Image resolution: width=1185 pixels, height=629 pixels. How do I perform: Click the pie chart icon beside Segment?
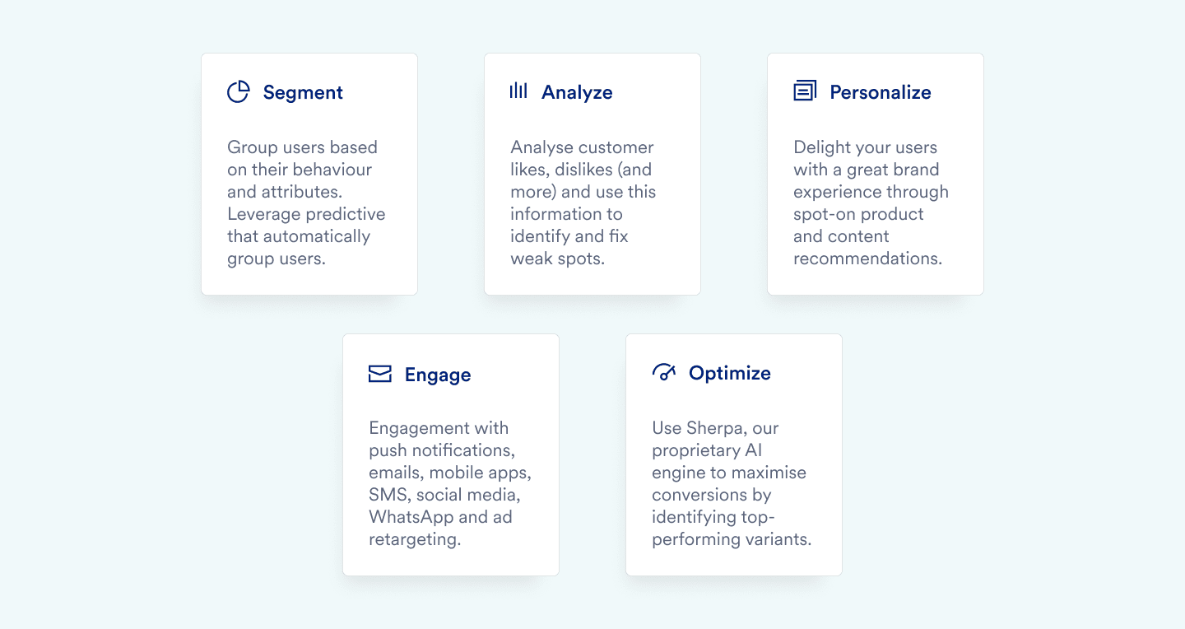click(x=238, y=91)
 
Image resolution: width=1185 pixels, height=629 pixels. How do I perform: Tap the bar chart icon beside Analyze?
click(x=518, y=91)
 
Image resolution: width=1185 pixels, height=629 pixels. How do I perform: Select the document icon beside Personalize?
click(x=805, y=91)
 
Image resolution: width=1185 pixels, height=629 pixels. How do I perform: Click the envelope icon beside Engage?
click(x=380, y=374)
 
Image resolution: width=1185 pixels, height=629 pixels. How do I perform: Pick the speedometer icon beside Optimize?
click(x=664, y=371)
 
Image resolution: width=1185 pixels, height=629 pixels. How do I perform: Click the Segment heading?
click(x=303, y=93)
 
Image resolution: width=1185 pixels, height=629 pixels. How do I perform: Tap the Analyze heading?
click(x=577, y=93)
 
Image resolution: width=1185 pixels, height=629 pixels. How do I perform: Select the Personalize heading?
click(x=881, y=92)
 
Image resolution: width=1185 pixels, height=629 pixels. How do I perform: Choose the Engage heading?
click(x=438, y=375)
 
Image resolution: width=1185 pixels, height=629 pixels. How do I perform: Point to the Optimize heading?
click(x=729, y=373)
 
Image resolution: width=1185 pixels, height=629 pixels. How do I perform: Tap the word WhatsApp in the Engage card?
click(x=411, y=517)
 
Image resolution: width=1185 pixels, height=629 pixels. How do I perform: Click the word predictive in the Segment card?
click(x=346, y=214)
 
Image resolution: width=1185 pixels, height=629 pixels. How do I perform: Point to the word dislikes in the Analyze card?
click(x=583, y=170)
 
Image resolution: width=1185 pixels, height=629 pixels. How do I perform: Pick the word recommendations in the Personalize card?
click(x=867, y=259)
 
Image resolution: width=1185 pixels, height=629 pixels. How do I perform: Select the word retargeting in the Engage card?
click(x=415, y=540)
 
